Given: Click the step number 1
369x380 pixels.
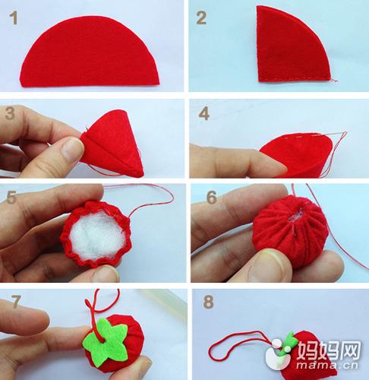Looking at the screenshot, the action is tap(13, 18).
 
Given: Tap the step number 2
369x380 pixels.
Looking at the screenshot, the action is tap(201, 18).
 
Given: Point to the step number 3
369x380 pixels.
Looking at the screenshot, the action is tap(10, 113).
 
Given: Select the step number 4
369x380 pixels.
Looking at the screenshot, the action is tap(204, 113).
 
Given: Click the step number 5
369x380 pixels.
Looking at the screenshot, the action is tap(11, 198).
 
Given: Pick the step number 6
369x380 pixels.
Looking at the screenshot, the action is tap(212, 198).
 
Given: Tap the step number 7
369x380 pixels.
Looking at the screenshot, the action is tap(16, 302).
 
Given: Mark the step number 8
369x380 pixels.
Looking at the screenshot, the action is tap(208, 302).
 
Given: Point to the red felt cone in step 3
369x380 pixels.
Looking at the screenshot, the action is tap(112, 143).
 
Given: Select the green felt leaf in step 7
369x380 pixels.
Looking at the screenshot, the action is tap(106, 341).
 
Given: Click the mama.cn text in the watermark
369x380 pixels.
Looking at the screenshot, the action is tap(326, 366).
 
